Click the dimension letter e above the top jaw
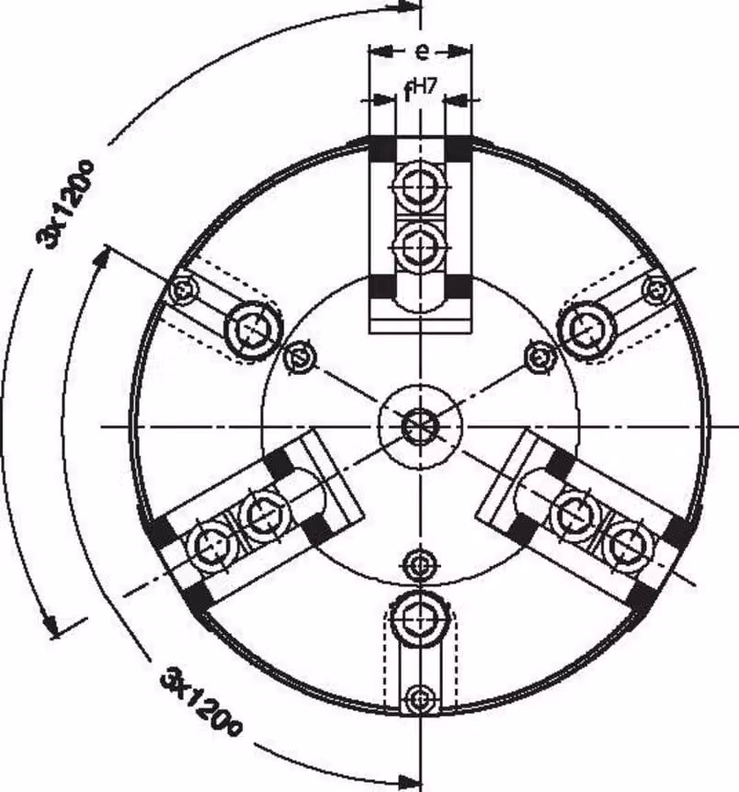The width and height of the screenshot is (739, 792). [422, 51]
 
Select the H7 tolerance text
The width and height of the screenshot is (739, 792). [424, 87]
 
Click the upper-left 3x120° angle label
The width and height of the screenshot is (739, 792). [65, 204]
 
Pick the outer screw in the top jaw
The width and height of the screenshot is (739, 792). [420, 187]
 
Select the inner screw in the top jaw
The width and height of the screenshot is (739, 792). [420, 247]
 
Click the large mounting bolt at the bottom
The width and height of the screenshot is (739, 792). [420, 616]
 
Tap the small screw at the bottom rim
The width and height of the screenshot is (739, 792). [420, 699]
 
